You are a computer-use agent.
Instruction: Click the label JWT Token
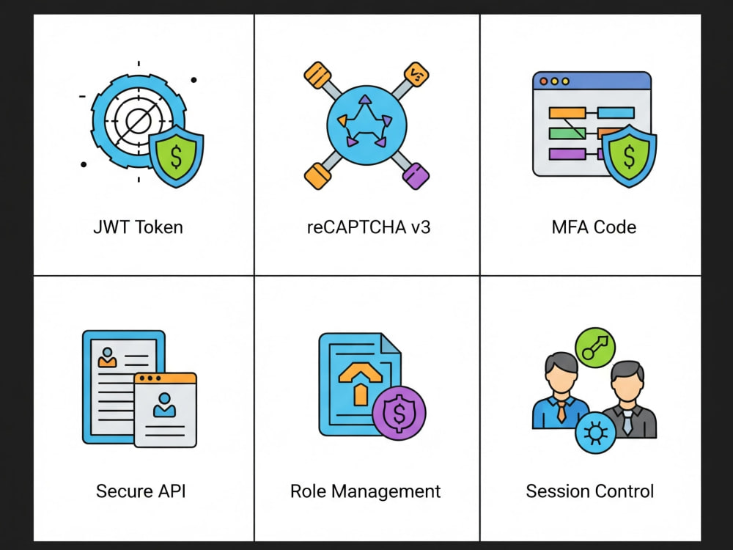click(139, 227)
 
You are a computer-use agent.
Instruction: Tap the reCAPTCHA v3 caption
click(369, 227)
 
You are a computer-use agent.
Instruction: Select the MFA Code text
click(594, 227)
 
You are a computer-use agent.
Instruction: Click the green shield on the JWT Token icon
click(176, 155)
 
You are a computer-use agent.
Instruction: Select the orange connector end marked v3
click(416, 75)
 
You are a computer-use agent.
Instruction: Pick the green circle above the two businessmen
click(595, 348)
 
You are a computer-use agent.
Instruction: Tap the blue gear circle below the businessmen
click(595, 433)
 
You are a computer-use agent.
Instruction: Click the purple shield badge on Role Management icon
click(399, 413)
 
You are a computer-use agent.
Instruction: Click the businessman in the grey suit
click(628, 400)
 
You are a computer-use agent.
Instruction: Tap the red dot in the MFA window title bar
click(544, 81)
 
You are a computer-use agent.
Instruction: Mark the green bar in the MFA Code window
click(567, 133)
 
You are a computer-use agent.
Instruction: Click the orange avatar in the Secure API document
click(108, 357)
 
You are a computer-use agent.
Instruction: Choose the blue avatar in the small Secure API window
click(164, 405)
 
